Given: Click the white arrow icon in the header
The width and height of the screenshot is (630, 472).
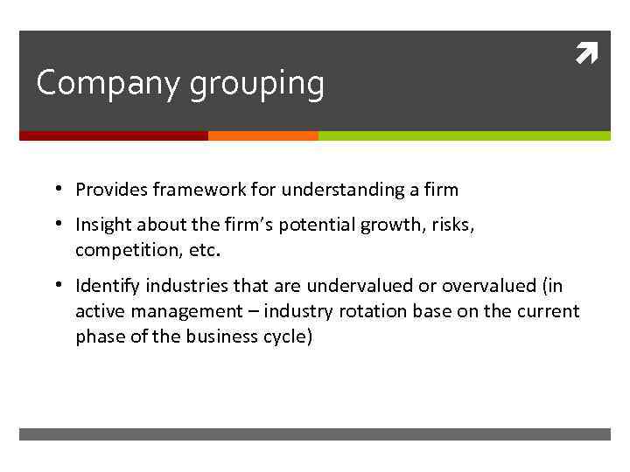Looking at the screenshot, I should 586,55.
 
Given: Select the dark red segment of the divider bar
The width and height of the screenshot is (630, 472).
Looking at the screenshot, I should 114,136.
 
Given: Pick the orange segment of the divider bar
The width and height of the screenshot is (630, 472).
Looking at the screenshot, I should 263,136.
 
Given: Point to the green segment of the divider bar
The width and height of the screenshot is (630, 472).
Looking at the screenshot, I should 464,136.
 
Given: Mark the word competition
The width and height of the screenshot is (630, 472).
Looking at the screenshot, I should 121,252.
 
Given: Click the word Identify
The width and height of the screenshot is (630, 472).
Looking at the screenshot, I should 108,287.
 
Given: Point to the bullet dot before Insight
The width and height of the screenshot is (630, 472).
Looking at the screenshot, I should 56,226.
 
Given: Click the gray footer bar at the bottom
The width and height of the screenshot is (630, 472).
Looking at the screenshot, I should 315,434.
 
